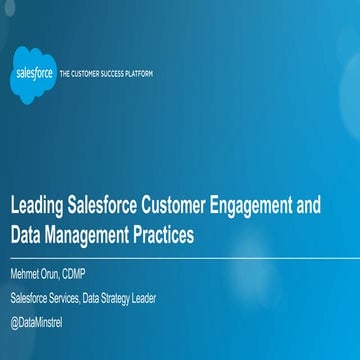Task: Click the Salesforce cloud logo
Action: (x=34, y=74)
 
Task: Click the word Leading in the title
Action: (x=34, y=207)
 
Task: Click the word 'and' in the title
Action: (x=310, y=207)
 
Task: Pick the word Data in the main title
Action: (x=26, y=236)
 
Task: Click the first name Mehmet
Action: (x=25, y=273)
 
